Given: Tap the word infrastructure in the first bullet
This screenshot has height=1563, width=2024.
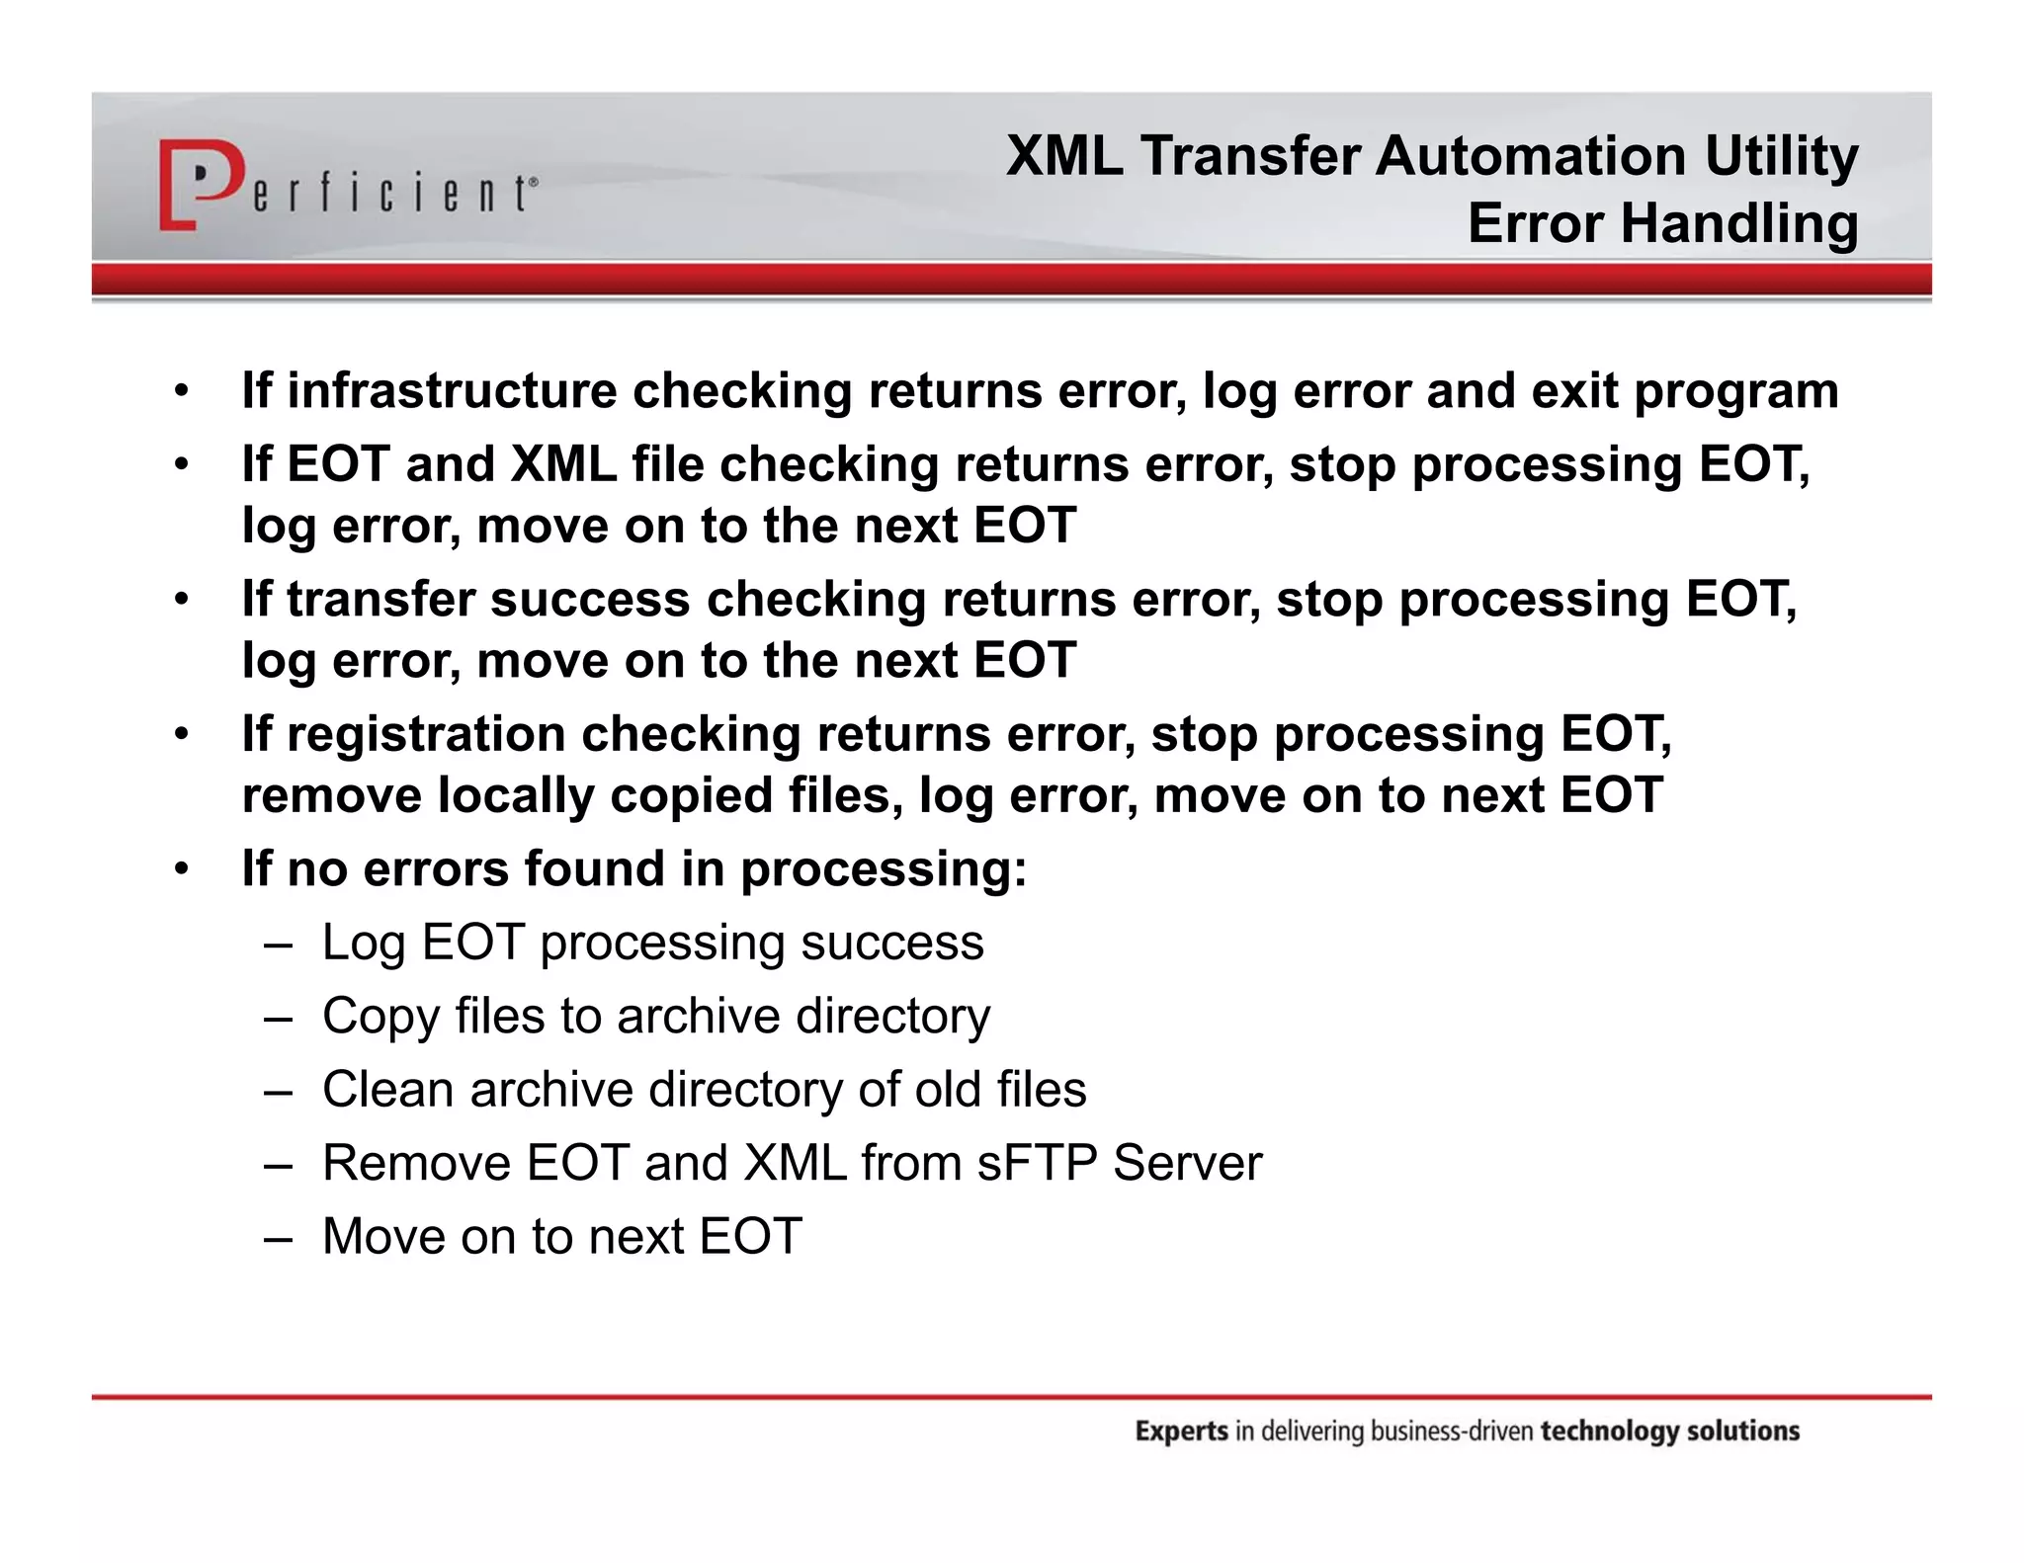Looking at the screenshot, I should (x=451, y=390).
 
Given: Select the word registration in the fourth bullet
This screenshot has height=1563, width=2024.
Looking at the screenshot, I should (x=425, y=735).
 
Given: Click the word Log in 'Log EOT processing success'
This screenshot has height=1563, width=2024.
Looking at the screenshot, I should (x=363, y=944).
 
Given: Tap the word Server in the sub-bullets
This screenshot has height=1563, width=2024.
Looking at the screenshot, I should (x=1187, y=1163).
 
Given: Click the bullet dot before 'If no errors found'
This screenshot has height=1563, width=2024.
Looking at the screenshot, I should (x=181, y=870).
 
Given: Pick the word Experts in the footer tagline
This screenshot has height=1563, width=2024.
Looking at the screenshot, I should (x=1181, y=1432).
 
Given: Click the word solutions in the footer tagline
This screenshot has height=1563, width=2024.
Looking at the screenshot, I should (x=1743, y=1432).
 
